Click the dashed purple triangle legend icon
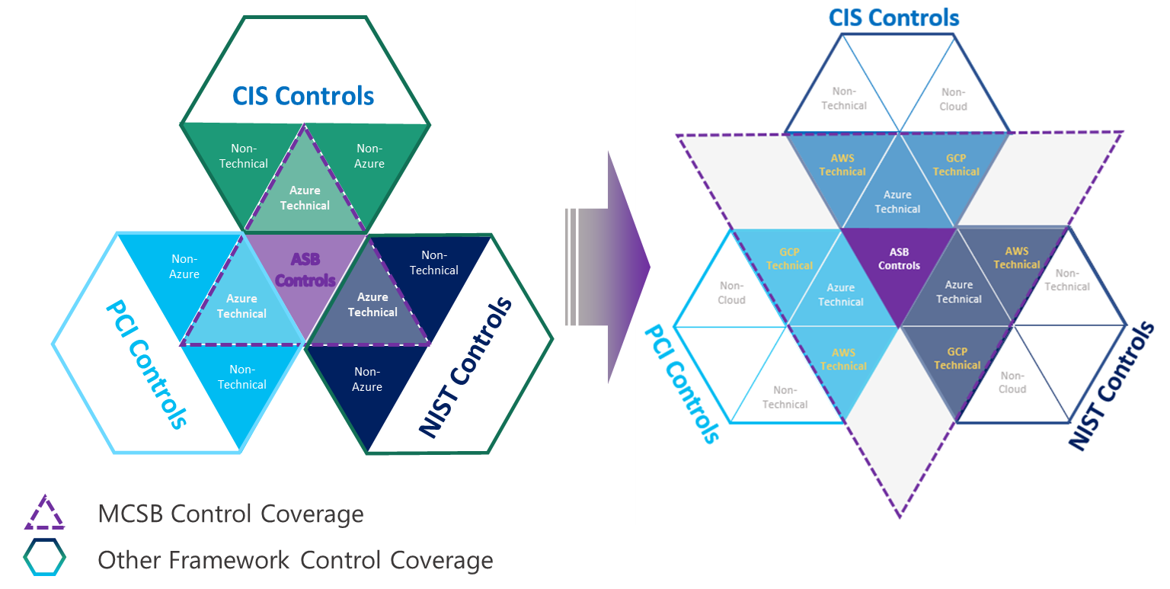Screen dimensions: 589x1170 (x=44, y=513)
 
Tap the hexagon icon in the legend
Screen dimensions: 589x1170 (x=44, y=559)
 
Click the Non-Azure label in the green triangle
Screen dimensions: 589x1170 (x=369, y=156)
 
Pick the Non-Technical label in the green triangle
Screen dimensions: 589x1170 (x=244, y=156)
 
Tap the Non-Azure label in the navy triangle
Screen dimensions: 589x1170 (x=367, y=379)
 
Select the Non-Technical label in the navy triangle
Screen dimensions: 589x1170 (x=434, y=263)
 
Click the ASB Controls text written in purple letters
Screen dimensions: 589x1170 (x=305, y=270)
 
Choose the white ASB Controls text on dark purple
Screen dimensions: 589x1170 (x=899, y=259)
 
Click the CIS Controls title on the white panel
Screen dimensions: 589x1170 (x=893, y=18)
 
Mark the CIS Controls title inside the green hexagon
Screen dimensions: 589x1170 (x=304, y=97)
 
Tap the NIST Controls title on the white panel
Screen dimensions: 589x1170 (x=1111, y=387)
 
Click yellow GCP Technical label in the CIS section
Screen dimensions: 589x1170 (x=956, y=165)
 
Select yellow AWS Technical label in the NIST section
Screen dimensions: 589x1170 (x=1016, y=258)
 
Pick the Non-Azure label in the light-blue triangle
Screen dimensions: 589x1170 (x=184, y=267)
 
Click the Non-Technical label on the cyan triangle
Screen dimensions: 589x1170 (x=242, y=377)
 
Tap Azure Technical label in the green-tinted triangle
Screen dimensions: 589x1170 (x=305, y=198)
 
